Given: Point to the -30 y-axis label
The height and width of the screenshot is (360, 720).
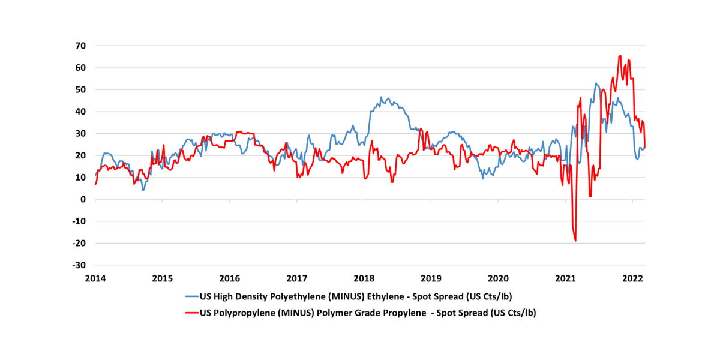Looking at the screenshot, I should point(79,265).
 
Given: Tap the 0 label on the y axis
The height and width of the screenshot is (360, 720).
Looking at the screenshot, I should point(84,199).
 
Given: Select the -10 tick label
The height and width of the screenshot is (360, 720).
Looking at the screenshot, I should point(79,221).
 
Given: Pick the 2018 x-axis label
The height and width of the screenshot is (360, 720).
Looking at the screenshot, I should point(364,278).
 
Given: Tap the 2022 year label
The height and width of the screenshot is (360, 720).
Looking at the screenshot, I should point(633,278).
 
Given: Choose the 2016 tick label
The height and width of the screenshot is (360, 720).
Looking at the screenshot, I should point(230,278).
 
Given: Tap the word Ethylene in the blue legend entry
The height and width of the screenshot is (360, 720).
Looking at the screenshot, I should point(389,296).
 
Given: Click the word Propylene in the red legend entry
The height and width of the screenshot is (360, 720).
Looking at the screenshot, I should point(411,313).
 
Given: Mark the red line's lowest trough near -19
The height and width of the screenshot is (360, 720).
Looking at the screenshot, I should point(575,241).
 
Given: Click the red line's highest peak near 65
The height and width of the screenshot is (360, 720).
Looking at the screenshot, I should point(620,56).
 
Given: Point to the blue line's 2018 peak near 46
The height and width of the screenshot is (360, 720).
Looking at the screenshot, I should point(380,97).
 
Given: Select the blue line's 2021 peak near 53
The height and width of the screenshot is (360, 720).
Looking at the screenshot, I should point(596,83).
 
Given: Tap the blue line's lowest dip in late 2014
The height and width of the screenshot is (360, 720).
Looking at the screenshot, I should point(143,190).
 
